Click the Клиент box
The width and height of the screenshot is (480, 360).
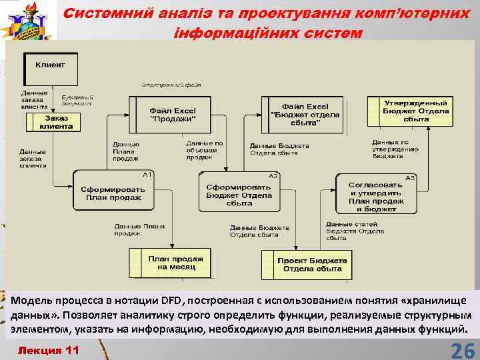click(x=50, y=65)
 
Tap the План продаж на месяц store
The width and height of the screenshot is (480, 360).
click(x=171, y=263)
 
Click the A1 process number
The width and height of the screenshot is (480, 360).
click(x=147, y=175)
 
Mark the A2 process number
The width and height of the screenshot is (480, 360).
click(x=273, y=175)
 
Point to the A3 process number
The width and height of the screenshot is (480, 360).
click(x=410, y=178)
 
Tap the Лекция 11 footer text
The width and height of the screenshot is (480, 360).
click(x=48, y=350)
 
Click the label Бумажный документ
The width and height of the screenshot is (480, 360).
click(x=77, y=101)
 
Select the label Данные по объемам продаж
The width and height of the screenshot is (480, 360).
click(x=204, y=150)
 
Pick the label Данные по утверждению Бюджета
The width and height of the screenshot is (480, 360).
click(x=395, y=149)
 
